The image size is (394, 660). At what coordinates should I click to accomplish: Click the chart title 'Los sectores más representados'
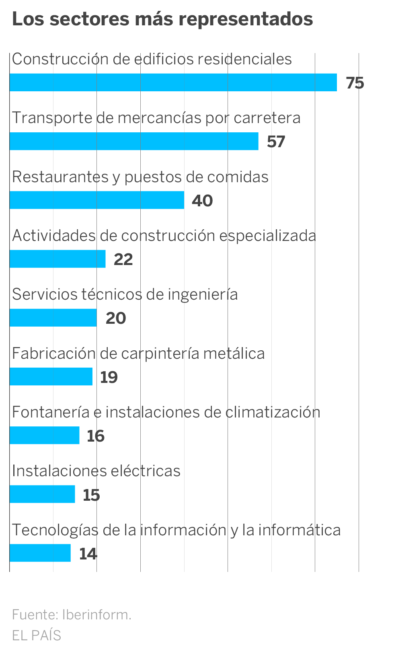[x=162, y=19]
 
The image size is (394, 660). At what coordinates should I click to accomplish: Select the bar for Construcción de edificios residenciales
[x=173, y=82]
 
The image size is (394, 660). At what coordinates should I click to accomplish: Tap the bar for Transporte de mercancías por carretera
[x=134, y=141]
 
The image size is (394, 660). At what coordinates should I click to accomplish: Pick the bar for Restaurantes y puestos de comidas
[x=96, y=200]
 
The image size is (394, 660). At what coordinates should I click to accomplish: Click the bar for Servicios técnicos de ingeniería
[x=53, y=318]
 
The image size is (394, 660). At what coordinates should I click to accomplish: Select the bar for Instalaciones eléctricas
[x=42, y=494]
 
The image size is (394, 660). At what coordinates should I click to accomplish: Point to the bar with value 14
[x=40, y=553]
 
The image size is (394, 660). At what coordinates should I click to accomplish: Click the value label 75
[x=355, y=83]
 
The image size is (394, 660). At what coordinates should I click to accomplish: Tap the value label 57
[x=276, y=142]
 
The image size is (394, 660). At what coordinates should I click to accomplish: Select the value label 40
[x=202, y=200]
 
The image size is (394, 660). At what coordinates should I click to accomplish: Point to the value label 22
[x=123, y=259]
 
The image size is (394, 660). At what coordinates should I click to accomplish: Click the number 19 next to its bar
[x=109, y=377]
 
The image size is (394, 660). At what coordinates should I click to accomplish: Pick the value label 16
[x=96, y=436]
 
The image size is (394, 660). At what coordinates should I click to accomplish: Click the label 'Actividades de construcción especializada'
[x=164, y=236]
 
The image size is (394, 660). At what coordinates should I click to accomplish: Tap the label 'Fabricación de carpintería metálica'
[x=138, y=354]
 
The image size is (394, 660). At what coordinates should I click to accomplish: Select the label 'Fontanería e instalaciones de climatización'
[x=166, y=412]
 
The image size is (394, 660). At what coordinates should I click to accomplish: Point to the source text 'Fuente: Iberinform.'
[x=72, y=615]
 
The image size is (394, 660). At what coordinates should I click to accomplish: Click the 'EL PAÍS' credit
[x=37, y=635]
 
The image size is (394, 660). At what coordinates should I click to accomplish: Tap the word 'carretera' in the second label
[x=267, y=118]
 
